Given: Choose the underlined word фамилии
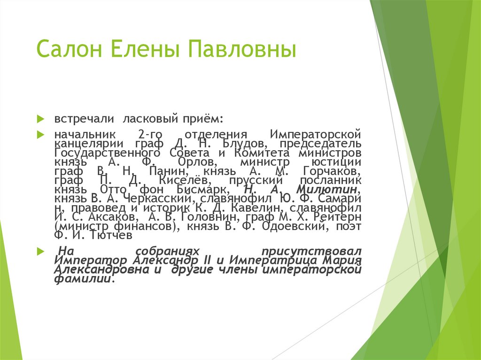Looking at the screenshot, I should tap(83, 278).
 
